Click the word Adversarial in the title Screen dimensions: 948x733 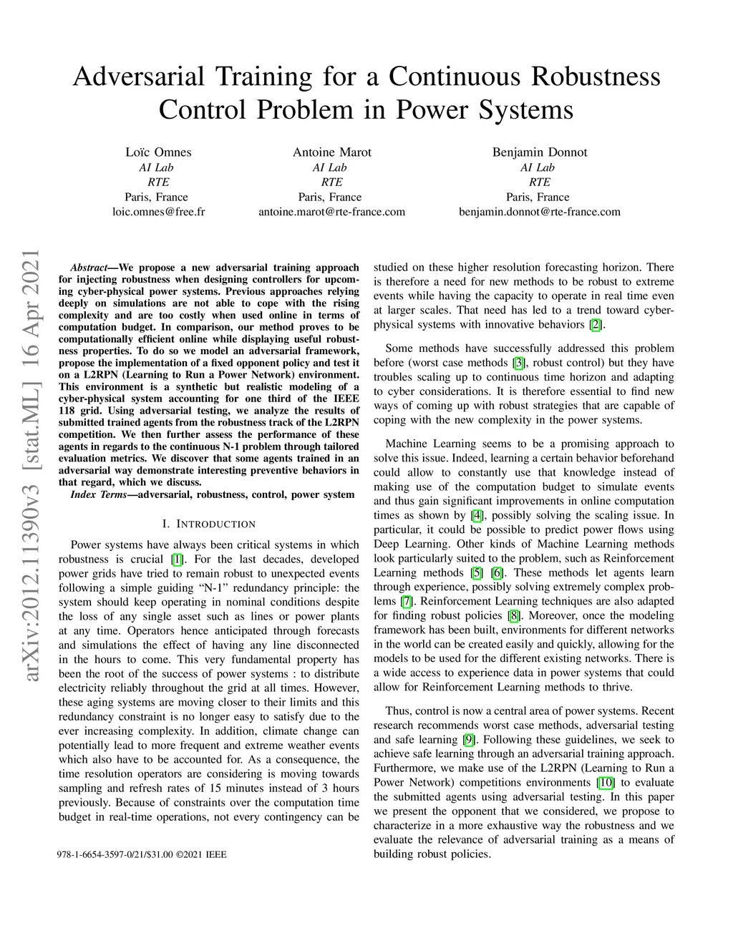click(139, 77)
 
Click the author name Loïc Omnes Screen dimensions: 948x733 click(158, 152)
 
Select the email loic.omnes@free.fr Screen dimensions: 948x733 click(158, 212)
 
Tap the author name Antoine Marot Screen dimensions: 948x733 click(331, 152)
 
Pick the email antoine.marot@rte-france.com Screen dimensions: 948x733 click(331, 212)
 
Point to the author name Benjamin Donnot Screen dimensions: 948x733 click(539, 152)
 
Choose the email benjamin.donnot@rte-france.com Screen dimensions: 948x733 click(539, 212)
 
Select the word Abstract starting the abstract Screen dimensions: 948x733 click(89, 268)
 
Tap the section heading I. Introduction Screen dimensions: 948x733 click(209, 524)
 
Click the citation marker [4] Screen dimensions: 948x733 click(477, 516)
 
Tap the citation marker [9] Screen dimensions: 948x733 click(469, 740)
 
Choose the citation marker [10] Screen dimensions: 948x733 click(606, 783)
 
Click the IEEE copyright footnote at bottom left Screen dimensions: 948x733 click(142, 854)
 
